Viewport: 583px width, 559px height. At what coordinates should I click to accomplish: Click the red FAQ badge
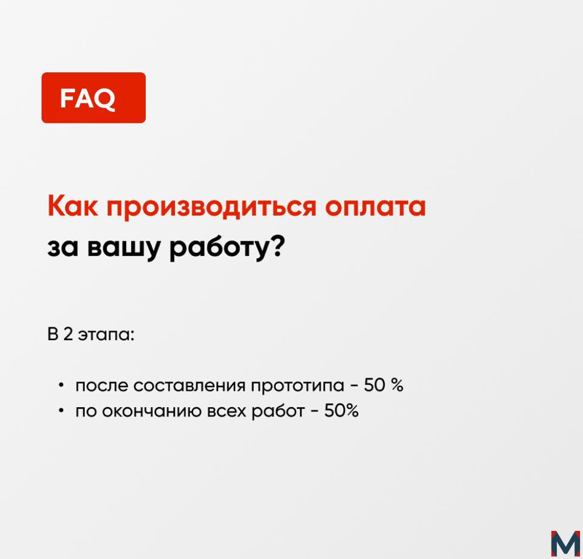point(94,98)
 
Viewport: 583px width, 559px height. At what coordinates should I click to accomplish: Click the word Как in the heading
point(73,206)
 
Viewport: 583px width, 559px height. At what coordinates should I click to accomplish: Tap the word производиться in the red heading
point(211,208)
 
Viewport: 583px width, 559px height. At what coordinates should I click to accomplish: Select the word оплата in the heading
point(375,207)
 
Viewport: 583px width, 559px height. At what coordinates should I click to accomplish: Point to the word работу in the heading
point(219,248)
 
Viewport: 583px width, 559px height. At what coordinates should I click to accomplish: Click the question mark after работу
point(276,246)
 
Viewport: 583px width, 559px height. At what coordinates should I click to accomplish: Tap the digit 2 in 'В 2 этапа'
point(67,334)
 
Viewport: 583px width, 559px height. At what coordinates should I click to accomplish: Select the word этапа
point(106,335)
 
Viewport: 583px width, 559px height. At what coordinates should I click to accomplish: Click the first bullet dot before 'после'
point(61,385)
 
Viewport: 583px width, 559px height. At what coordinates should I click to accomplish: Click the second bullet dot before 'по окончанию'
point(61,411)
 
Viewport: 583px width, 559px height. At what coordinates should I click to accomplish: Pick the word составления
point(189,385)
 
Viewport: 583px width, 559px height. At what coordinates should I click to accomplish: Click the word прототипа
point(298,386)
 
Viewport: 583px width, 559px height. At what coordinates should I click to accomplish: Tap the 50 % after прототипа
point(383,385)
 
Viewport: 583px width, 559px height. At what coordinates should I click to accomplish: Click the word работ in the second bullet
point(278,411)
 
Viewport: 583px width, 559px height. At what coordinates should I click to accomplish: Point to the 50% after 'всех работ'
point(341,411)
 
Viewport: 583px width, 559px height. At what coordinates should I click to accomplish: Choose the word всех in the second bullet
point(226,411)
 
